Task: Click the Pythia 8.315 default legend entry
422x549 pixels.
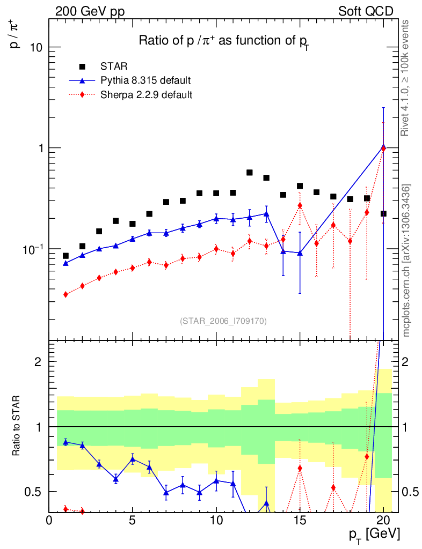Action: tap(145, 81)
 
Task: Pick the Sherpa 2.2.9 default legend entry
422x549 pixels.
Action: tap(147, 95)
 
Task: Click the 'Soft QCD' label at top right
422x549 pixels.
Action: tap(366, 11)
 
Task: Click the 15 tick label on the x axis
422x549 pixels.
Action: tap(300, 520)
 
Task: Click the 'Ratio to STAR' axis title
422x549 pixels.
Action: tap(18, 427)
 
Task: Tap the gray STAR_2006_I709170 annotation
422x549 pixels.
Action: tap(223, 321)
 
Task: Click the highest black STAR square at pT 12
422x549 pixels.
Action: tap(250, 173)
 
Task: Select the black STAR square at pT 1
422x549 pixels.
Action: tap(66, 256)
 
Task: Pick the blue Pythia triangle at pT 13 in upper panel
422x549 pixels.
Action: tap(266, 213)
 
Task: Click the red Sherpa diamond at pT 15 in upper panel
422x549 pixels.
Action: tap(300, 206)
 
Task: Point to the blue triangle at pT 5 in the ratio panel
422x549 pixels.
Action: tap(133, 459)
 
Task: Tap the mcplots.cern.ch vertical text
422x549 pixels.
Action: tap(406, 261)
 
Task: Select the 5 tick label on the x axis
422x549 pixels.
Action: tap(133, 520)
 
